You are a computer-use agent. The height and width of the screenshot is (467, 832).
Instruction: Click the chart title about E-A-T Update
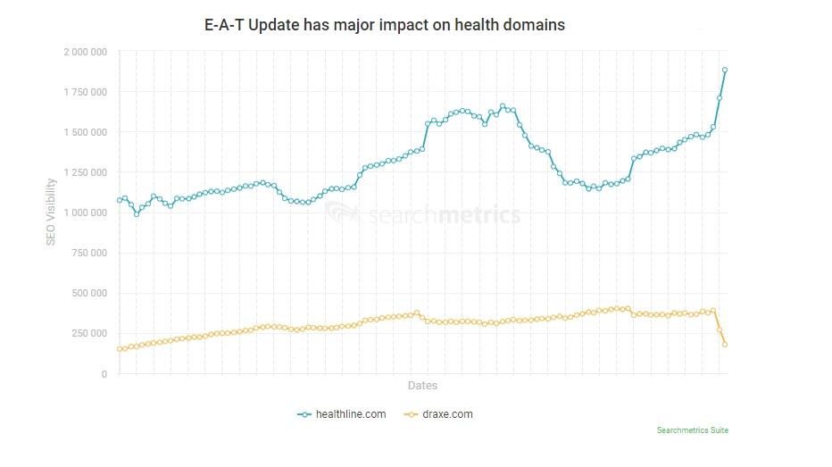pos(385,25)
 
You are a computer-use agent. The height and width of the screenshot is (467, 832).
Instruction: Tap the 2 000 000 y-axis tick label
pos(86,52)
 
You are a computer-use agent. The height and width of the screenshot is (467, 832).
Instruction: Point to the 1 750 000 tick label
pos(86,92)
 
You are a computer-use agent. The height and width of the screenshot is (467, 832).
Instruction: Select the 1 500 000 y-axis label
pos(86,132)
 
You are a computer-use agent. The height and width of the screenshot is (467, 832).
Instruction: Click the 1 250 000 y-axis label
pos(86,172)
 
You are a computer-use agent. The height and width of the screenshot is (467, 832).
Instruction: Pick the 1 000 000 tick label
pos(86,213)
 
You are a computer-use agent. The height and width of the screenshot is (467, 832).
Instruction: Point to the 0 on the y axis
pos(105,374)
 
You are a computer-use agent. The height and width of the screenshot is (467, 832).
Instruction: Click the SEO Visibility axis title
pos(52,212)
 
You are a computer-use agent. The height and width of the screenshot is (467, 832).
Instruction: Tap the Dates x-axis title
pos(422,386)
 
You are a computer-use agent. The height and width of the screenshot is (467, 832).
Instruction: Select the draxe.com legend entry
pos(438,414)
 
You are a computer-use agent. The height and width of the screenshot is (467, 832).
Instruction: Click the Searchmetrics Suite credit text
pos(692,430)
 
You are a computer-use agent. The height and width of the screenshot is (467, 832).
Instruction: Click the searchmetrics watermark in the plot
pos(422,215)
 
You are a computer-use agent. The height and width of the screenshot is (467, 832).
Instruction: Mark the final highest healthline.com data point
pos(725,70)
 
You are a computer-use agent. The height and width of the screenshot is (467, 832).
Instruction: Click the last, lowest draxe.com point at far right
pos(725,345)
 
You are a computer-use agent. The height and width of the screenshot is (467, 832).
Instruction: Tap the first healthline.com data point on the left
pos(120,200)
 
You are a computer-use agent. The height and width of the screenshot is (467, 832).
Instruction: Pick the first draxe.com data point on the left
pos(120,349)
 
